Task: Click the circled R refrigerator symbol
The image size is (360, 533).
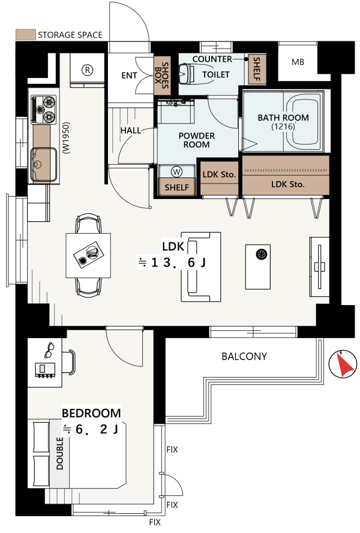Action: (x=88, y=70)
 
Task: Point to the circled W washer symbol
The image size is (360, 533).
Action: (x=176, y=171)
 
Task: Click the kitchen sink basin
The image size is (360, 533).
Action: (x=44, y=164)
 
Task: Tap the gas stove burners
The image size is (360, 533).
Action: (x=44, y=109)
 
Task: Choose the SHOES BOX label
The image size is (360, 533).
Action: (x=161, y=75)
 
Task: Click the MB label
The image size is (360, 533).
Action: (x=298, y=62)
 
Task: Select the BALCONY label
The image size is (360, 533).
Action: (x=244, y=356)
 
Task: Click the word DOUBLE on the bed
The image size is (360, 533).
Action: (x=60, y=453)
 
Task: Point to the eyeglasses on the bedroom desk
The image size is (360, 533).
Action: (x=49, y=350)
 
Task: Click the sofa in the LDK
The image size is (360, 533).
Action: (x=201, y=267)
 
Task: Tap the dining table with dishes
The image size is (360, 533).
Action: (x=88, y=255)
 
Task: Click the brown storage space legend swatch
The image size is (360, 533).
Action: (x=26, y=34)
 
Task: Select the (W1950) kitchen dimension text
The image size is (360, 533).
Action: (x=67, y=138)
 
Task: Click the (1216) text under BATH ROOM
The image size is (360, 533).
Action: (x=283, y=127)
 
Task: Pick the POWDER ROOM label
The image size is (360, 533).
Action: (x=197, y=140)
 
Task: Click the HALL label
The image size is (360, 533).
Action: (x=131, y=130)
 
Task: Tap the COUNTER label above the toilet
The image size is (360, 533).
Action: (x=212, y=59)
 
